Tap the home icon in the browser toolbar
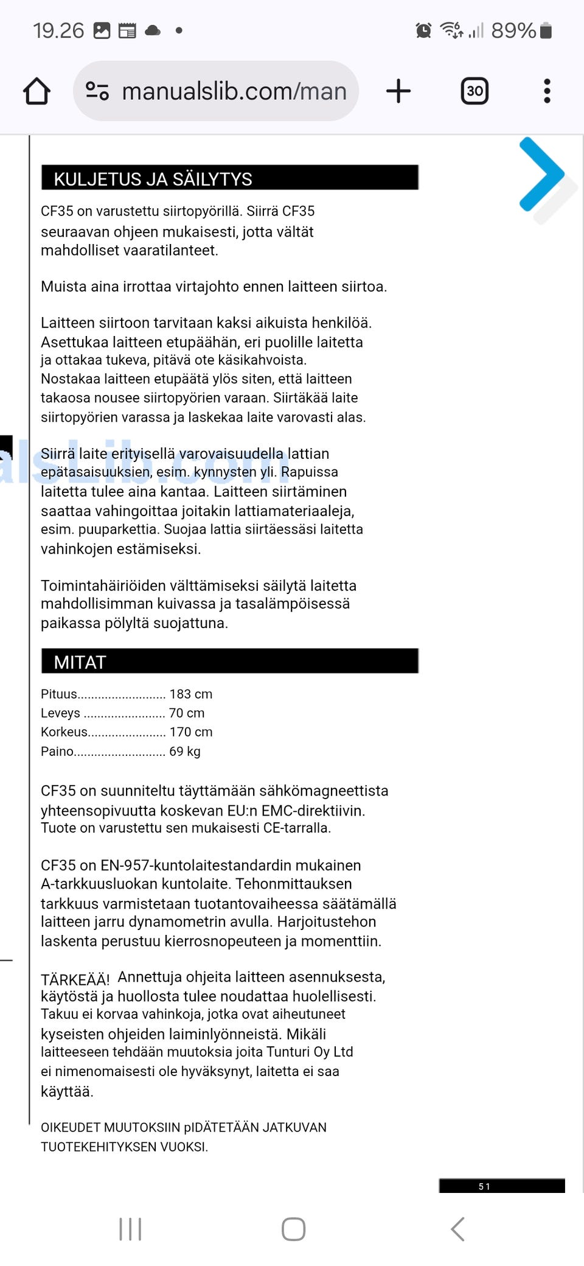(36, 91)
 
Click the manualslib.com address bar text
(234, 91)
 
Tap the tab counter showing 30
(474, 91)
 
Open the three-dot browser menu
(547, 91)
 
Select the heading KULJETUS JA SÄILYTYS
(153, 179)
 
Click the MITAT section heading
(80, 662)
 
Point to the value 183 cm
(190, 694)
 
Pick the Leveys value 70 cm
(186, 713)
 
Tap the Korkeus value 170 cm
(190, 732)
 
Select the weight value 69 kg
(184, 751)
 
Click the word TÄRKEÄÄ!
(75, 979)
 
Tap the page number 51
(484, 1186)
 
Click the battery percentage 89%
(513, 30)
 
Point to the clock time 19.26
(58, 30)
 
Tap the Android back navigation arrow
(457, 1229)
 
